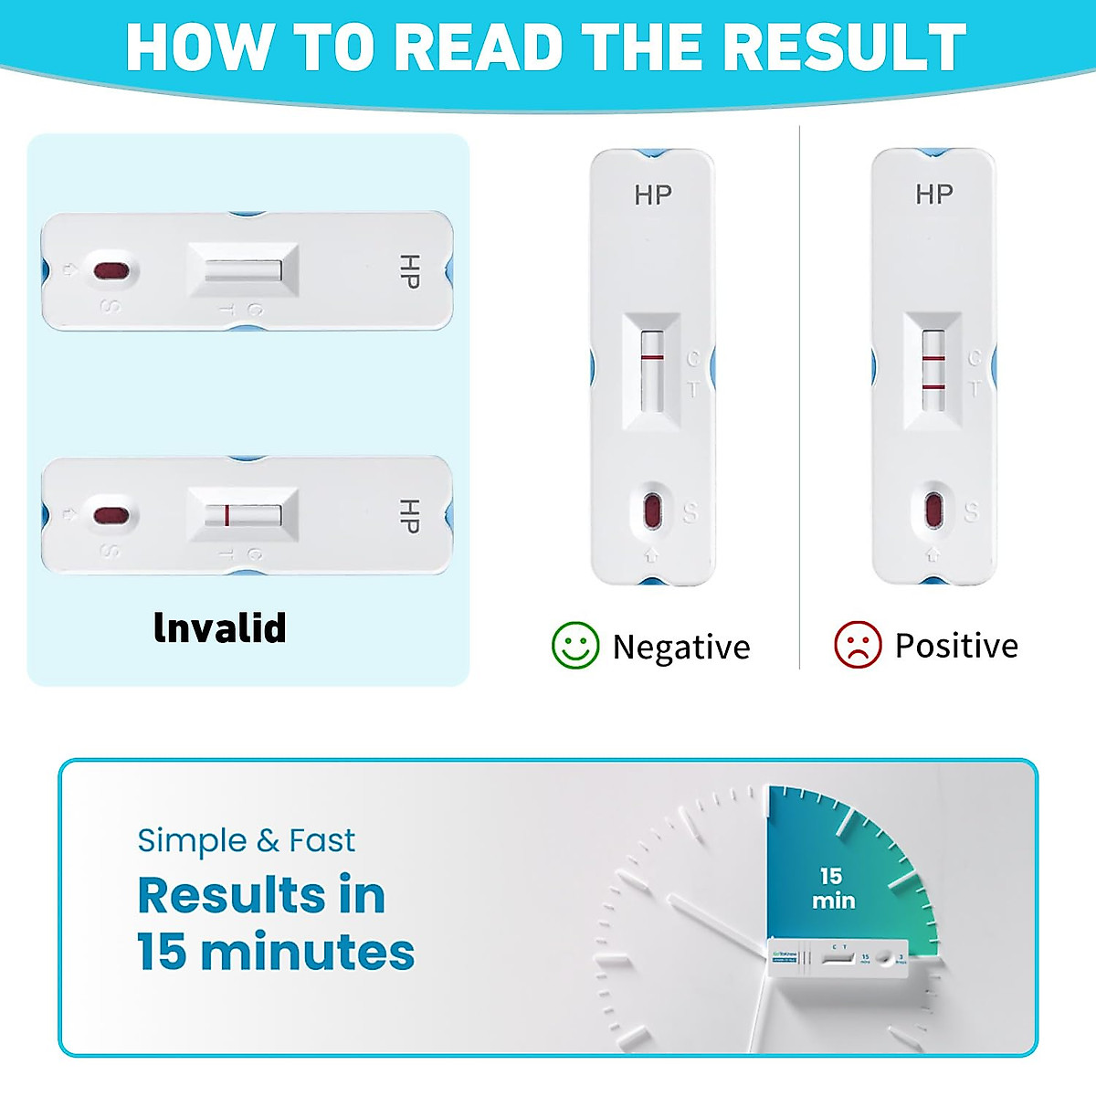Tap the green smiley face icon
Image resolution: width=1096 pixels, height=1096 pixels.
575,646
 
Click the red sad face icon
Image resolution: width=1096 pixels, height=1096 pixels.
858,645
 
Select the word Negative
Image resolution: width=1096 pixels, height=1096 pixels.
680,647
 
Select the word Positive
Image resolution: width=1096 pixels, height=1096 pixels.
955,646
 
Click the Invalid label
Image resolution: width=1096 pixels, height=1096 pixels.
220,628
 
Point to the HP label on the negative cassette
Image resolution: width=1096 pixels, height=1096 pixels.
652,195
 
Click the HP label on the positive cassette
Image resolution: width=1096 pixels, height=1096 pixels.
933,194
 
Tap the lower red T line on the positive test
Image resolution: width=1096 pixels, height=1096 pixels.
933,387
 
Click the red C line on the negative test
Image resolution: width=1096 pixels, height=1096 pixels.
651,358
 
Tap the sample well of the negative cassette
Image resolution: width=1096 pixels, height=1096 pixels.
652,510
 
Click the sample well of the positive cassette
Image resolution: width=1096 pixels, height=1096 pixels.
933,510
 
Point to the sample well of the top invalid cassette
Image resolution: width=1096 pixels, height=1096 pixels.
111,271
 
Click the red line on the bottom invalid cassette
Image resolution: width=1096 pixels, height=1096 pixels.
227,515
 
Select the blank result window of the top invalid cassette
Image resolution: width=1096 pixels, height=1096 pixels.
243,271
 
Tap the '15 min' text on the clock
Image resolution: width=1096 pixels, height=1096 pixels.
833,888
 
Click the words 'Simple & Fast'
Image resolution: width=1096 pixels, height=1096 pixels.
246,840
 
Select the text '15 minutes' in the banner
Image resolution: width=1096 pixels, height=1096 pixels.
276,952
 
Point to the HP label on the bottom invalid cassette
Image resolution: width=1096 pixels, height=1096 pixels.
409,516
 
